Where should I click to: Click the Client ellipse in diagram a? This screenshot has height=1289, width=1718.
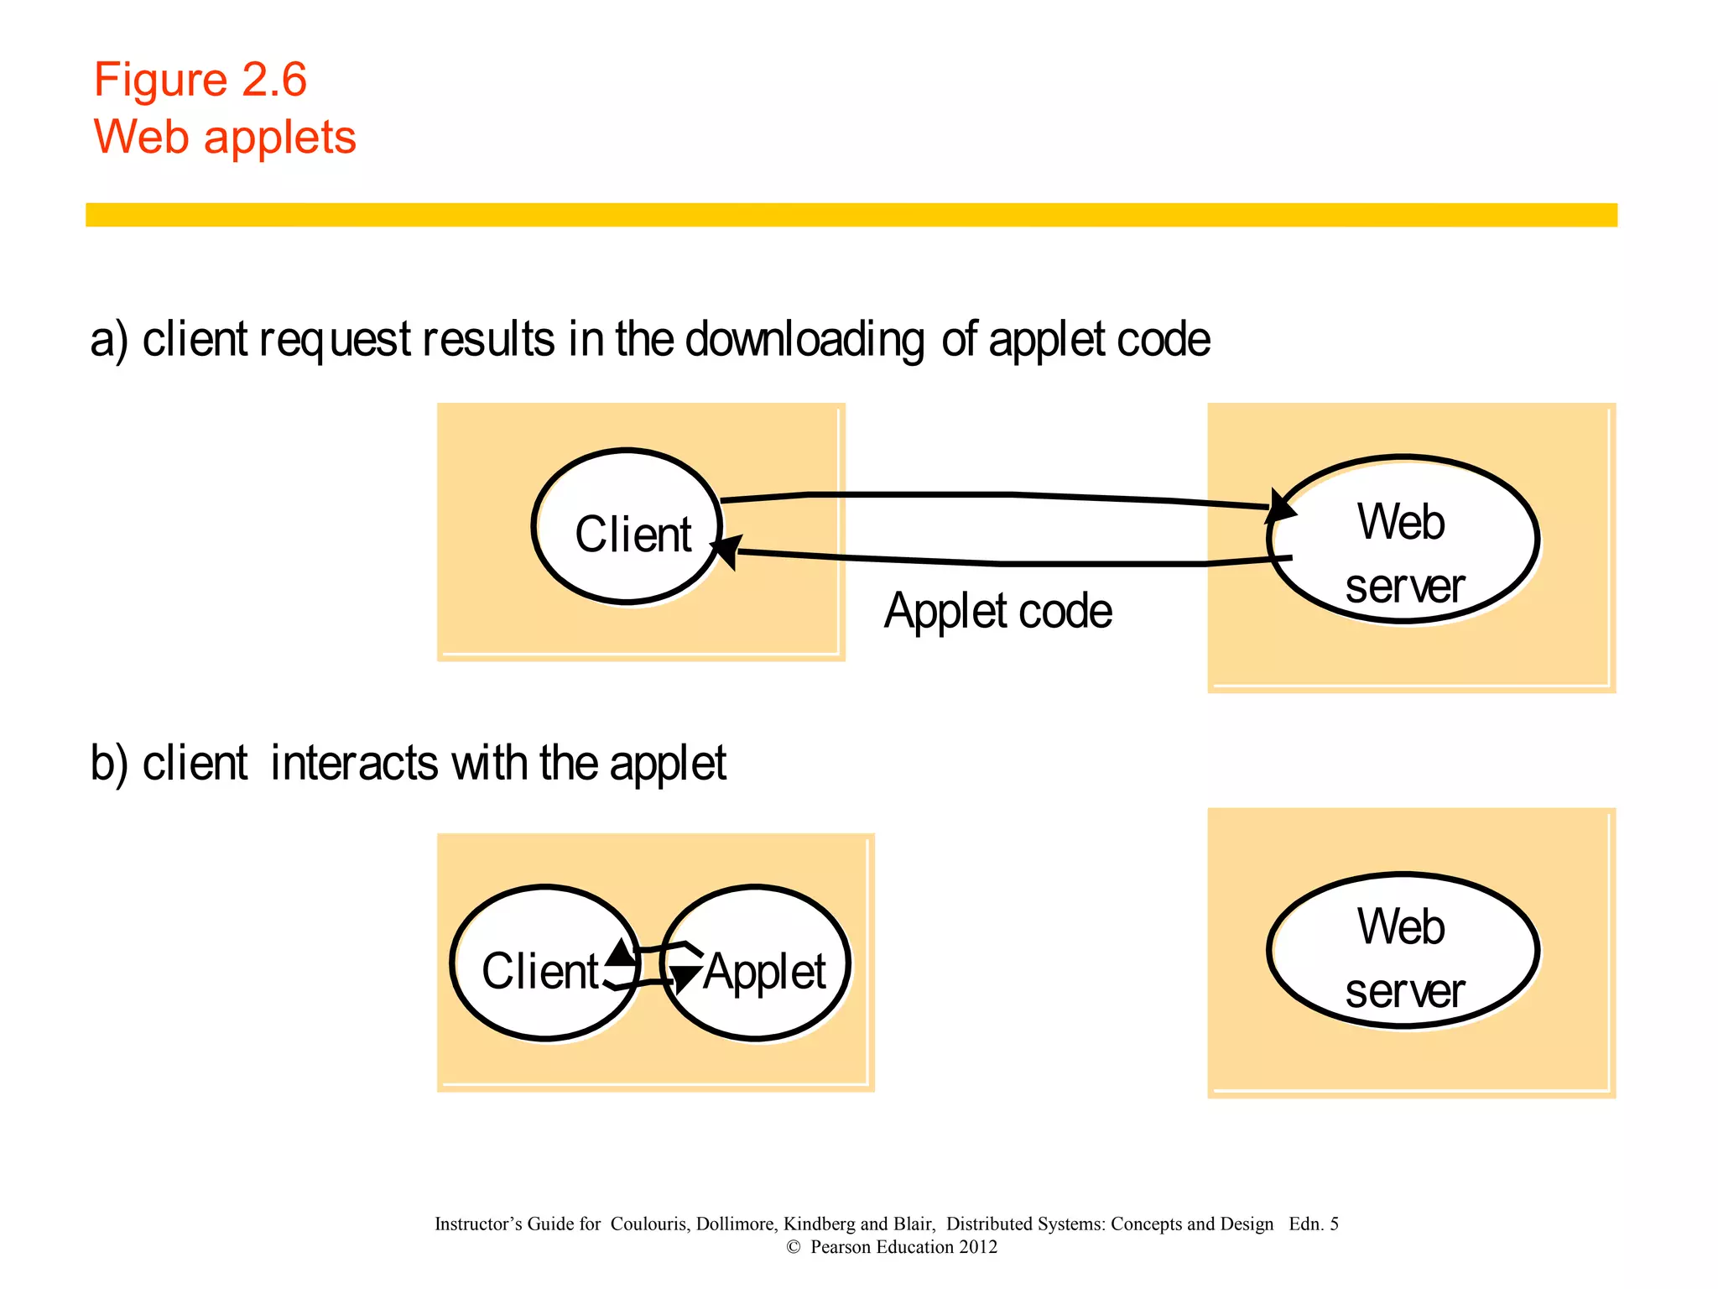(x=627, y=526)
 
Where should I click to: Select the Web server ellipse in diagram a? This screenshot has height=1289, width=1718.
(x=1403, y=540)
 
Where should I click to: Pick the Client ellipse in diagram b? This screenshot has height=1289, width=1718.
(x=545, y=963)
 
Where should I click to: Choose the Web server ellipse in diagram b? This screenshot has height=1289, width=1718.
(x=1403, y=951)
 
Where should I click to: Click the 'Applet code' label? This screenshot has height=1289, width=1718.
(x=998, y=611)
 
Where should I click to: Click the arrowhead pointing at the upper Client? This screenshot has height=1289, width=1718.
(x=726, y=551)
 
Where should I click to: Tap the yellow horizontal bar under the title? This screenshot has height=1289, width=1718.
(x=851, y=215)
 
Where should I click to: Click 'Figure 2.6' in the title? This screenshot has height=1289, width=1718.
(x=200, y=81)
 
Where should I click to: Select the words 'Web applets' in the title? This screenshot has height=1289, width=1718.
(x=225, y=137)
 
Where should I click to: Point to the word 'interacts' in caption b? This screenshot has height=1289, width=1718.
(x=354, y=764)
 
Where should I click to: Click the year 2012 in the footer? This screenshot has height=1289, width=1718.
(x=978, y=1247)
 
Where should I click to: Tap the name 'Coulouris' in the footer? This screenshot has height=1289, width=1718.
(x=649, y=1224)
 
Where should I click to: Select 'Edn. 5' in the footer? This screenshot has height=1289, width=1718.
(x=1313, y=1224)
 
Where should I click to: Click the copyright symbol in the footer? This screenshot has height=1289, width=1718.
(x=794, y=1248)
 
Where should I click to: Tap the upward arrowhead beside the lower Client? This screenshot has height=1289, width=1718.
(x=621, y=952)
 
